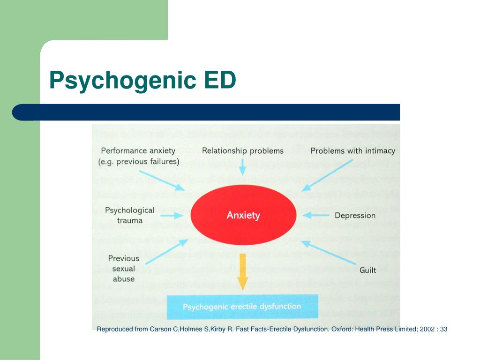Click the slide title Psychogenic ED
(142, 80)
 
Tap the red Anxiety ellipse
(243, 215)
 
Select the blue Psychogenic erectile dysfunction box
(242, 307)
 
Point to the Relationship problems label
(243, 151)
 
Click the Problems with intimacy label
(352, 151)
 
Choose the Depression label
(355, 216)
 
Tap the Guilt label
(367, 270)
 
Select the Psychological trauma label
(129, 215)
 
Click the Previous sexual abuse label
(124, 269)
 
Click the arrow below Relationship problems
(242, 166)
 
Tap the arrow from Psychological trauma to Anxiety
(173, 216)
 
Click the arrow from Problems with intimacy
(327, 175)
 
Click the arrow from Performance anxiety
(162, 180)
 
